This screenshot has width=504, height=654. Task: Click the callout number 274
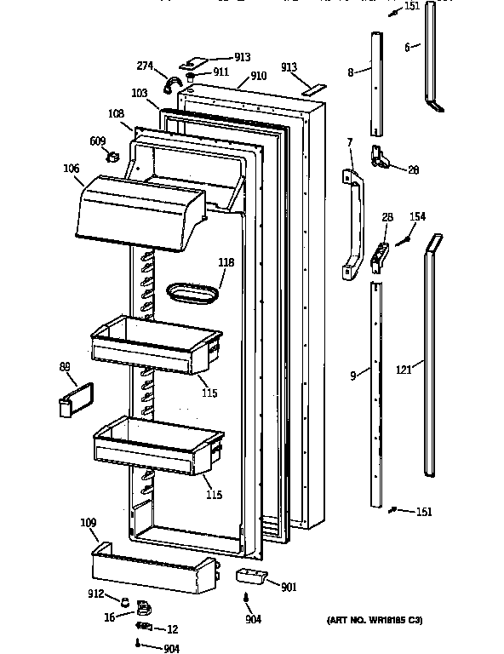pos(146,66)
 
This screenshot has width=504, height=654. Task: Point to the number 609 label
pos(98,141)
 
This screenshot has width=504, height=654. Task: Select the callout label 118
pos(226,262)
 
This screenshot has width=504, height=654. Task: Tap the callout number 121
pos(404,370)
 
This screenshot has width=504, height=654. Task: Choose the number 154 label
pos(417,218)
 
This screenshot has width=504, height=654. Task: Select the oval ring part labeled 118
pos(187,295)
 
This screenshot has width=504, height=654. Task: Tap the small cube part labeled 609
pos(109,156)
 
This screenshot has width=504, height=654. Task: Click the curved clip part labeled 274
pos(171,84)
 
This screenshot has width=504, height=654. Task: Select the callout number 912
pos(95,594)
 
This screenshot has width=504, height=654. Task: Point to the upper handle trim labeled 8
pos(375,85)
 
